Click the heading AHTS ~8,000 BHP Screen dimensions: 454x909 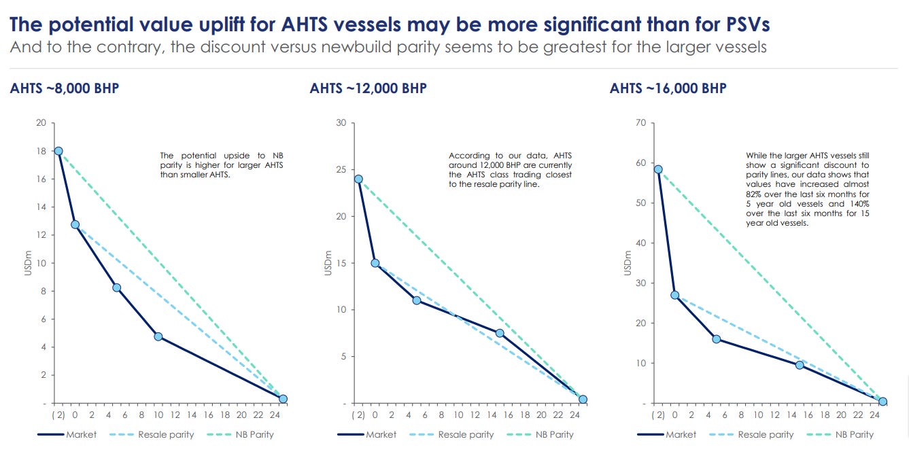pyautogui.click(x=65, y=89)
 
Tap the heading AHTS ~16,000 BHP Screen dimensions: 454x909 pyautogui.click(x=668, y=89)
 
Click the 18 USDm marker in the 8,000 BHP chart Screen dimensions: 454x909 pyautogui.click(x=58, y=151)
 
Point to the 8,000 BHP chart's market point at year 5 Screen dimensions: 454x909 pyautogui.click(x=117, y=287)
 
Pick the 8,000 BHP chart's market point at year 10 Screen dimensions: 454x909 pyautogui.click(x=158, y=336)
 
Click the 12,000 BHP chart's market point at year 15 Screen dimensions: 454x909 pyautogui.click(x=500, y=333)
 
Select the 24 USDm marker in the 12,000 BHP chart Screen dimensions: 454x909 pyautogui.click(x=358, y=179)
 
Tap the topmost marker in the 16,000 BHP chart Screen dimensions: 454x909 pyautogui.click(x=658, y=169)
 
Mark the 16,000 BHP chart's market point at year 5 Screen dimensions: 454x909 pyautogui.click(x=716, y=338)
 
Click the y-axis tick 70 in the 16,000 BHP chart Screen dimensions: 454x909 pyautogui.click(x=640, y=123)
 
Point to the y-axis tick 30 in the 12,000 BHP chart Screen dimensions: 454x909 pyautogui.click(x=341, y=123)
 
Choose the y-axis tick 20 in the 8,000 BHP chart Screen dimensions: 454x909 pyautogui.click(x=41, y=123)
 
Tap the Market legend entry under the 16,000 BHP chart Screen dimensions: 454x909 pyautogui.click(x=681, y=434)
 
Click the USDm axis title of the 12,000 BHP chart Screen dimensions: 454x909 pyautogui.click(x=328, y=263)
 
